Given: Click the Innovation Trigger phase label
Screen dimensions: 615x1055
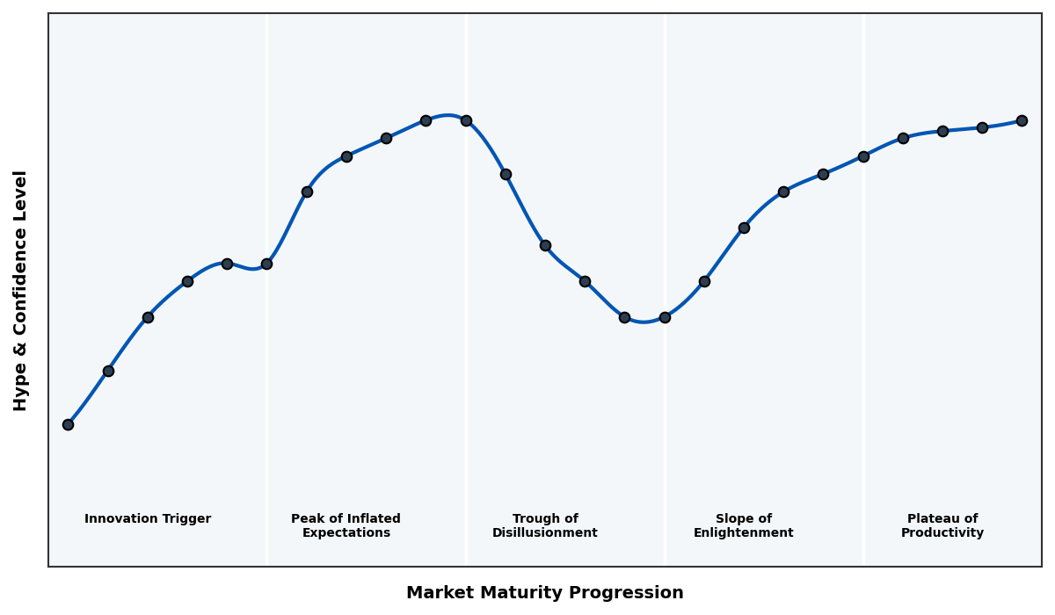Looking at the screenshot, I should (x=148, y=519).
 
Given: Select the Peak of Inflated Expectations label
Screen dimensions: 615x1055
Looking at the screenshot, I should (x=346, y=526).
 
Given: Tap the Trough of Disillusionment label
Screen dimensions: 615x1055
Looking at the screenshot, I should (x=545, y=526).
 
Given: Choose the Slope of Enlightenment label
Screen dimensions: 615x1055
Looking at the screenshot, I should (x=744, y=526).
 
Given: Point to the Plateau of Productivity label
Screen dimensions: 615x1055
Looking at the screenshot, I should (x=942, y=526).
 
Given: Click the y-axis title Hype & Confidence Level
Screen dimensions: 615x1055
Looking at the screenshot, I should (x=21, y=290).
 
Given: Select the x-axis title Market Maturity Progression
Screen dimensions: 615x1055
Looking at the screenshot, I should (x=545, y=593).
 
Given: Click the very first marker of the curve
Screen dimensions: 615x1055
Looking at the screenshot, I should (x=68, y=424).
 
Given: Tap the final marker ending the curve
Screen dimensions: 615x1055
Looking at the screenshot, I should (x=1022, y=120).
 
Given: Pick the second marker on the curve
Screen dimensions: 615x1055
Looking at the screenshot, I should (x=108, y=371).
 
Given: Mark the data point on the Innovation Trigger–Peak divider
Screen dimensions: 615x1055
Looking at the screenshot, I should (x=266, y=264).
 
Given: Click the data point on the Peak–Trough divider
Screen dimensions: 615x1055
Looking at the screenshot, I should (x=466, y=120).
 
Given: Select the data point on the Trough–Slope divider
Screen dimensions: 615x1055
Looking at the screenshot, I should (x=665, y=317).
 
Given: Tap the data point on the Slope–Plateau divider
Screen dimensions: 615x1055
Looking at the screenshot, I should (x=863, y=156).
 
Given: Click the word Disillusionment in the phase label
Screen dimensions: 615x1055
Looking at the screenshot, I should (x=545, y=533).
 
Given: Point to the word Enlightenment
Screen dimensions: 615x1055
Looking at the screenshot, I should (x=744, y=533).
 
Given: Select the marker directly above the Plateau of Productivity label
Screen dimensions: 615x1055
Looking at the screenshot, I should (x=942, y=131).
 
